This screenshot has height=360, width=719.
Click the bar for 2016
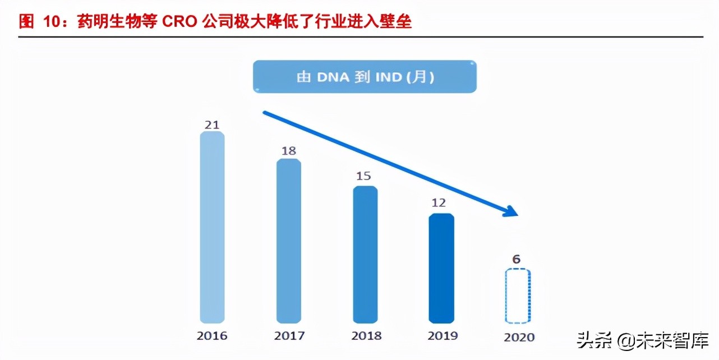click(x=212, y=227)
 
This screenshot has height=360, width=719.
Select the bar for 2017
click(x=288, y=241)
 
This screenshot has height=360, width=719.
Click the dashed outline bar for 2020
click(x=518, y=296)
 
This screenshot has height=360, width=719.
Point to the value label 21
click(x=212, y=124)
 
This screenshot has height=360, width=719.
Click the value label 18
click(x=288, y=151)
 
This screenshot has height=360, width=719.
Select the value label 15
click(x=363, y=176)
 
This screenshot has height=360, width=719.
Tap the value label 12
click(x=440, y=203)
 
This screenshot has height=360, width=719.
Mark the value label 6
click(x=517, y=259)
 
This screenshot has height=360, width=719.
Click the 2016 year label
click(x=212, y=336)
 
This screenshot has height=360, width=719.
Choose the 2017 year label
click(x=289, y=336)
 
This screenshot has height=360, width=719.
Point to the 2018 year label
click(x=366, y=336)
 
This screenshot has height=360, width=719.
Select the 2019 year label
click(x=442, y=336)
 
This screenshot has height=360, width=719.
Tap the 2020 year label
click(x=519, y=338)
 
